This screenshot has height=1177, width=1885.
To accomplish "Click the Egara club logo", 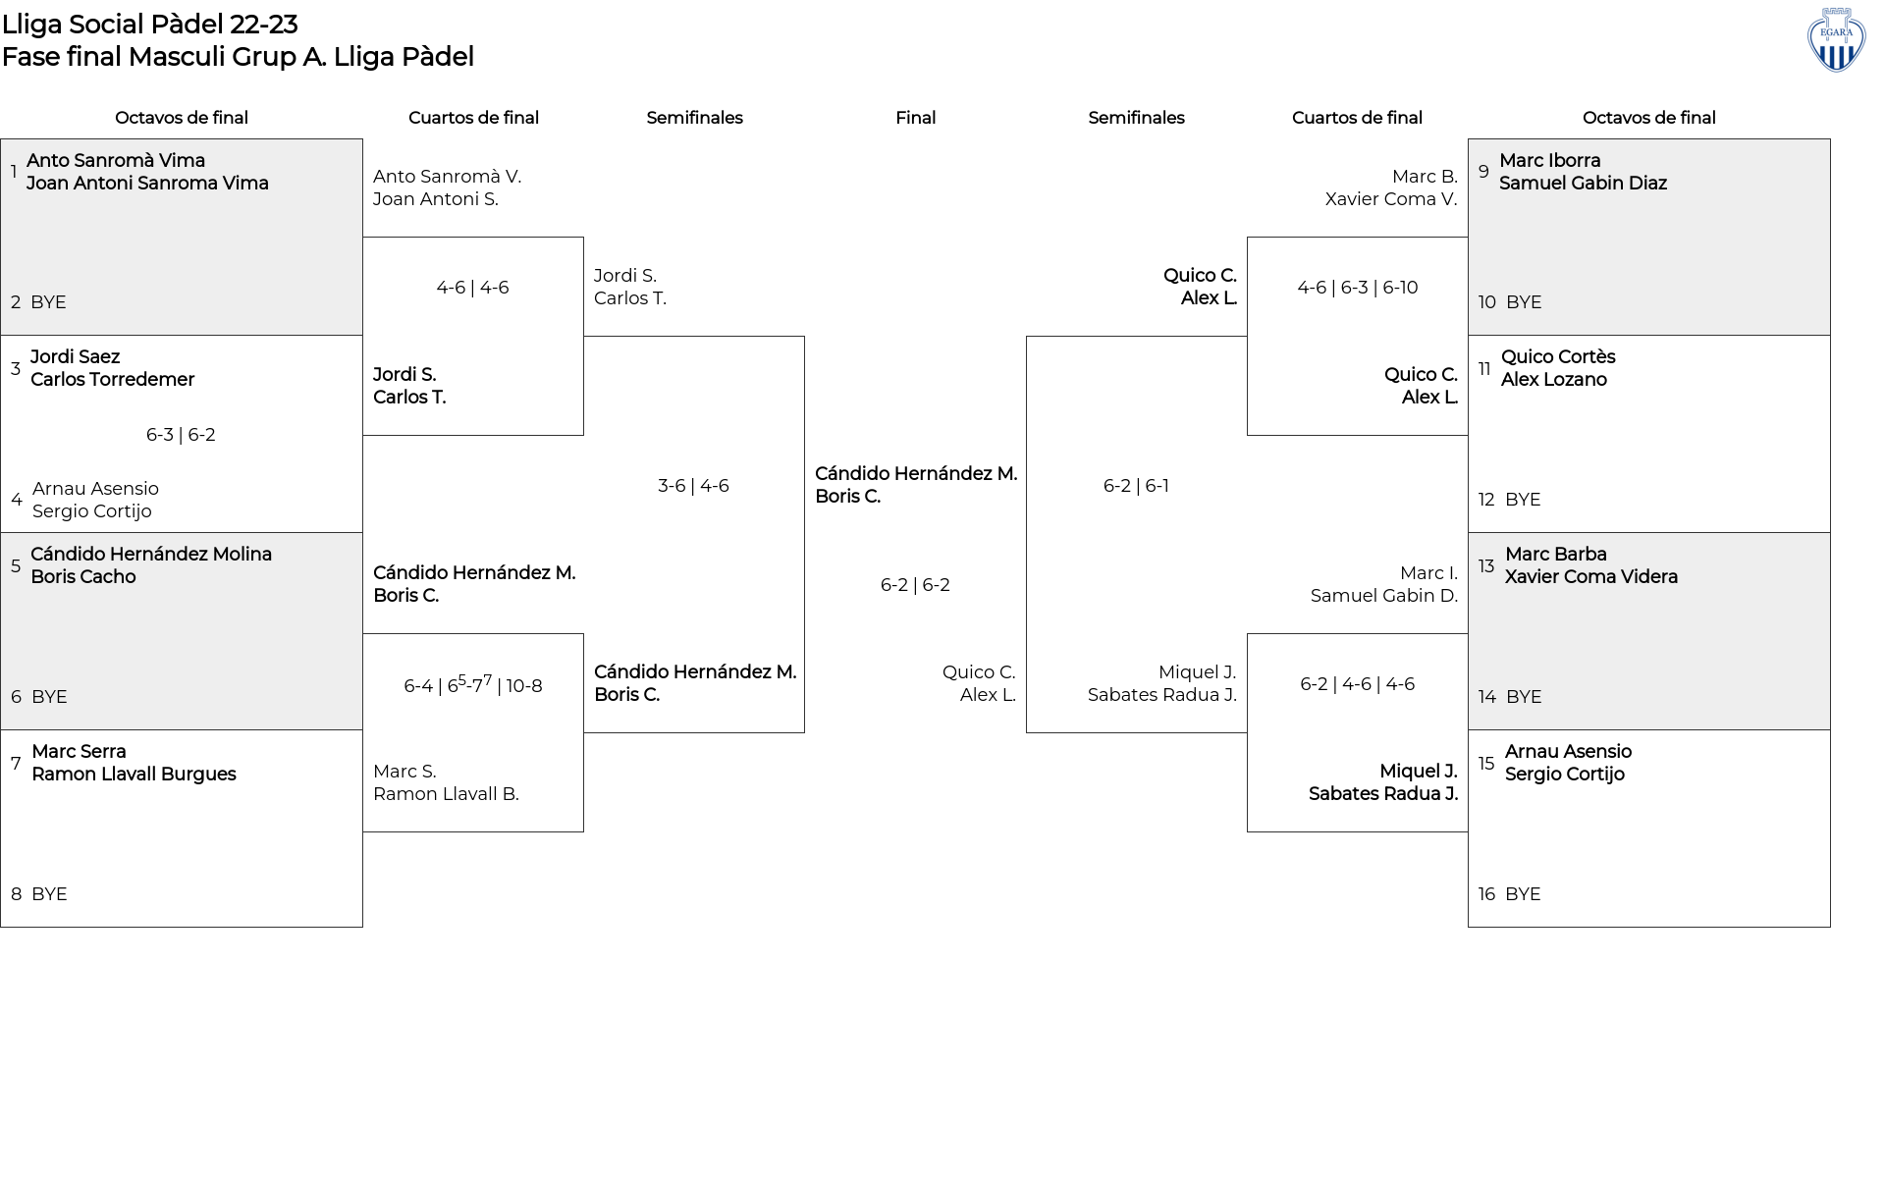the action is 1836,40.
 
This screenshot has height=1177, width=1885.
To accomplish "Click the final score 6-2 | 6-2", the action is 915,585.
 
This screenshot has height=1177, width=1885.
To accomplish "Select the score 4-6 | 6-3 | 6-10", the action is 1357,288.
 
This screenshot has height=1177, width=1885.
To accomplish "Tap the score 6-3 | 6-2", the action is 181,435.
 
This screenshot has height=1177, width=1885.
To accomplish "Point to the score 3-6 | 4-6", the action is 693,486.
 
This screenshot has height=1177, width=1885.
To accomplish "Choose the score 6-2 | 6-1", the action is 1136,486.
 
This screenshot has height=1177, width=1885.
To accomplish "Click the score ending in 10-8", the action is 473,684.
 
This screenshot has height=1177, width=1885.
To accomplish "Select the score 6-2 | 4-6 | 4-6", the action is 1357,684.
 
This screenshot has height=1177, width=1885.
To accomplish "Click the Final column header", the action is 915,118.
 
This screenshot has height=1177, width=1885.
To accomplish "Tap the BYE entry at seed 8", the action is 49,894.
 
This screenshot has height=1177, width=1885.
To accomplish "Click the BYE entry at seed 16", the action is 1523,894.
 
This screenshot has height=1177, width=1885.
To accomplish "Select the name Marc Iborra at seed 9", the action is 1549,160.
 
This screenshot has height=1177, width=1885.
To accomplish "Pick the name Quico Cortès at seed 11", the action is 1558,356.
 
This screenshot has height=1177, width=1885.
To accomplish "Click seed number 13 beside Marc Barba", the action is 1486,566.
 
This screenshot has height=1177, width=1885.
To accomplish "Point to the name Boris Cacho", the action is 83,577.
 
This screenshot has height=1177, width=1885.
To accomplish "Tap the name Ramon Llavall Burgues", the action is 134,775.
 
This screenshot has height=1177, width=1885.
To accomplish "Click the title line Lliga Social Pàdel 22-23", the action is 149,24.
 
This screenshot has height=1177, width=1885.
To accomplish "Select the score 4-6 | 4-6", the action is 472,288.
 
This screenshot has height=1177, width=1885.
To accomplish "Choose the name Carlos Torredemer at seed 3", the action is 112,380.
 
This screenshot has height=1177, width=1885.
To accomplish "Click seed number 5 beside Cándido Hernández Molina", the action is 16,566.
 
